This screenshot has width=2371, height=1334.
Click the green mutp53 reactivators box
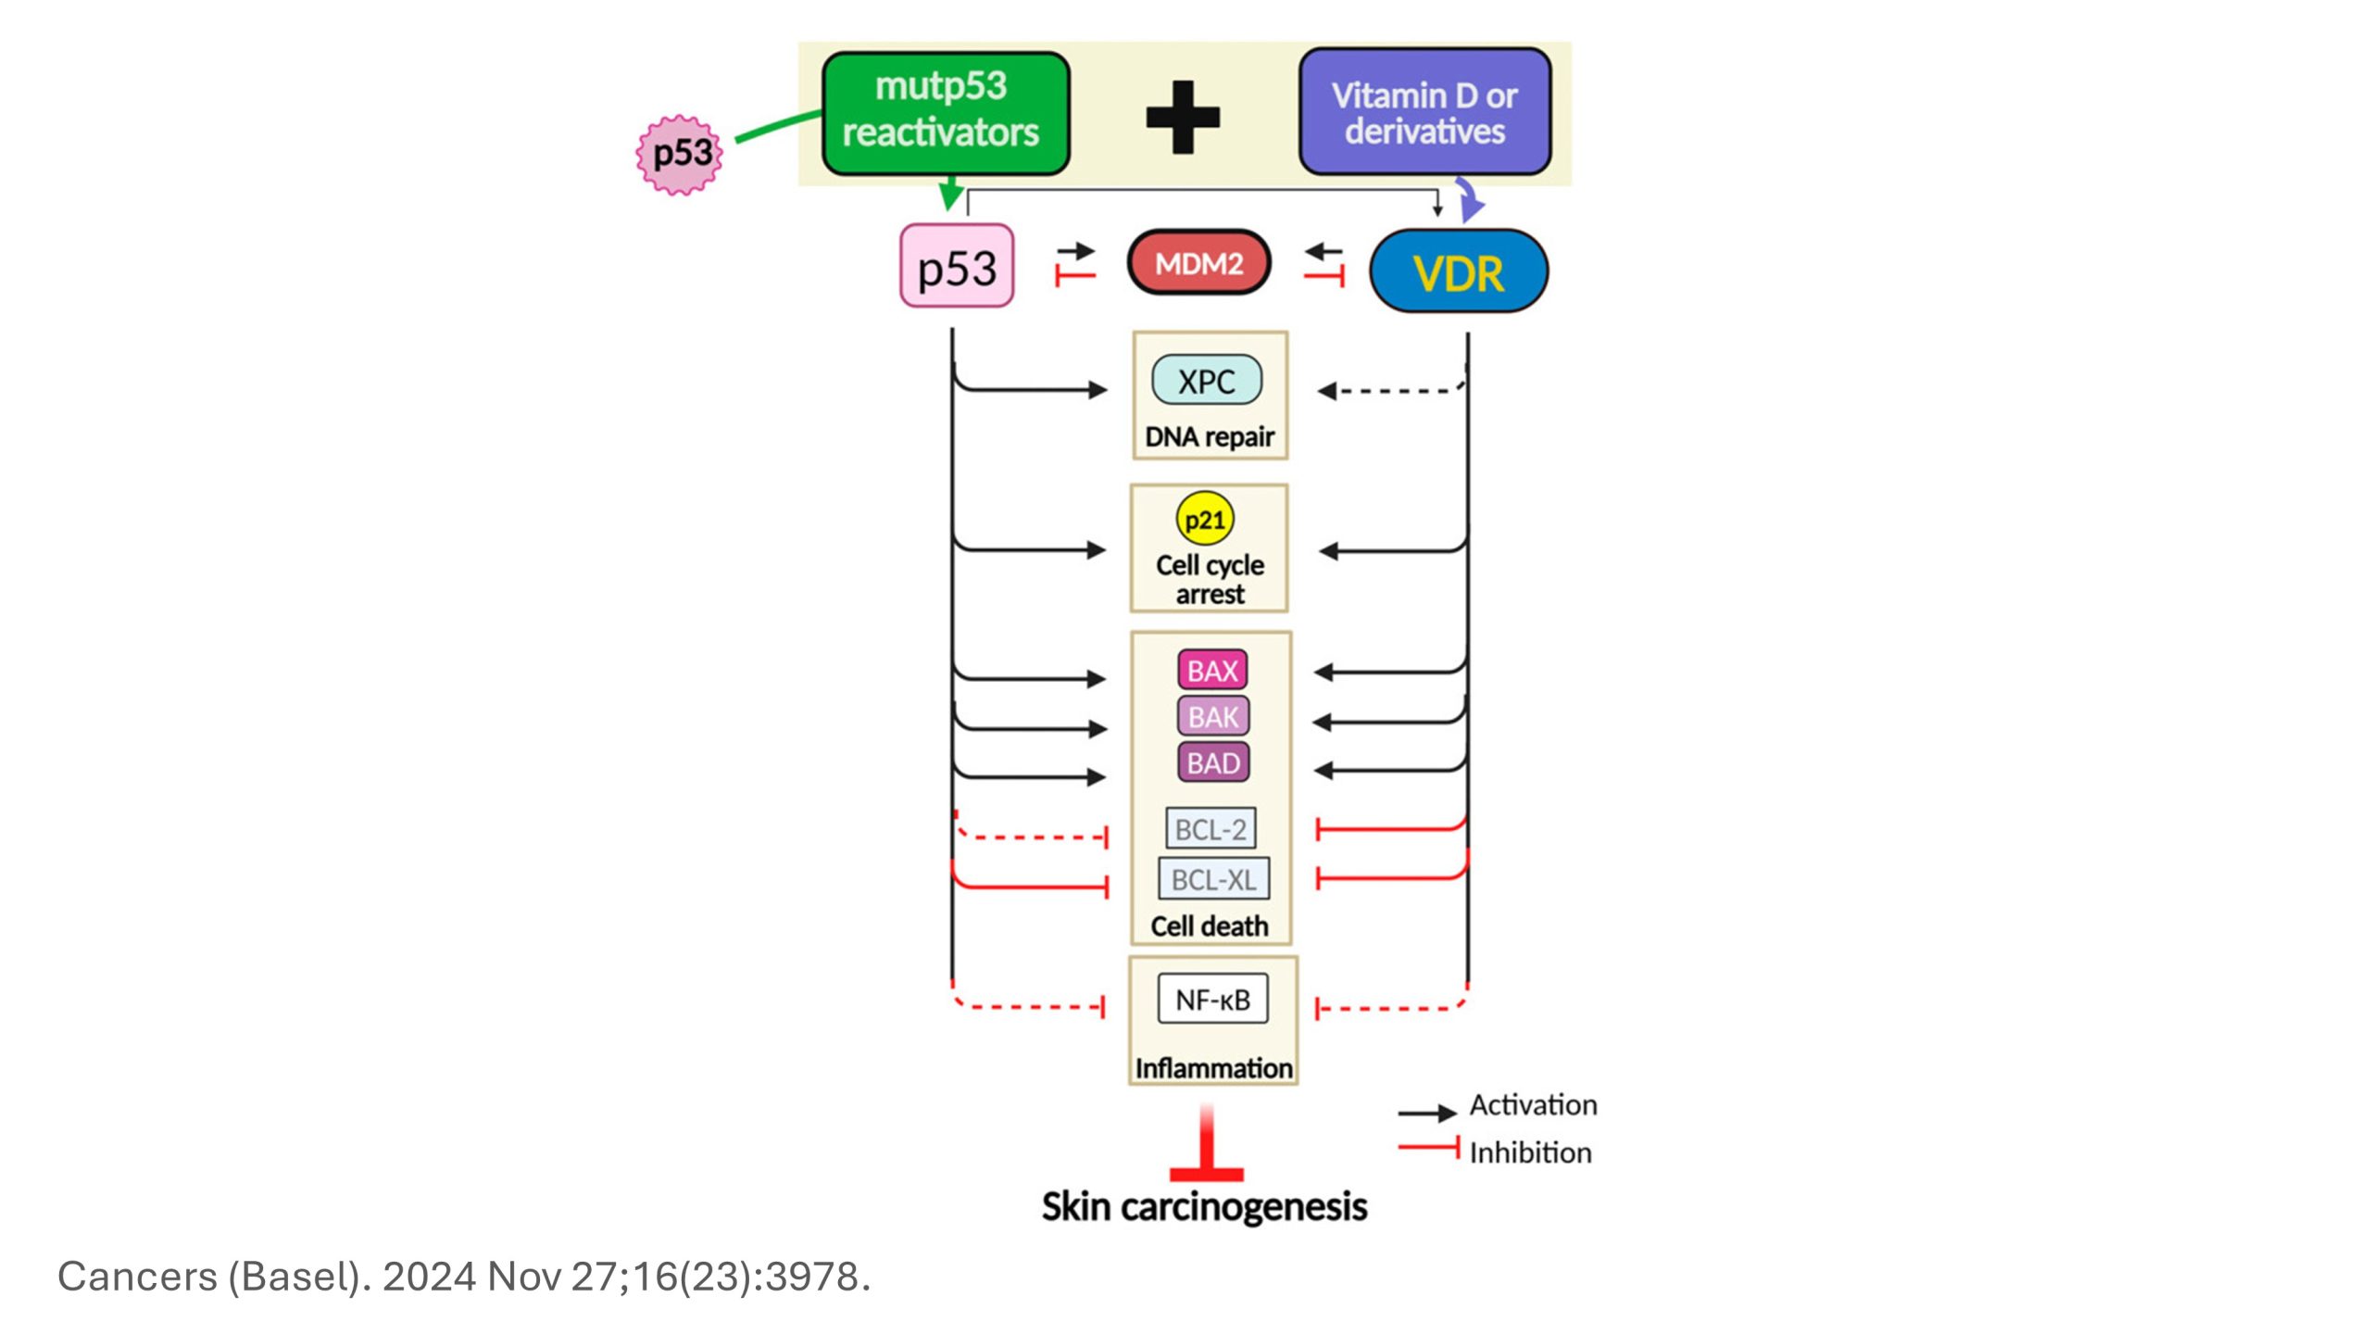tap(945, 113)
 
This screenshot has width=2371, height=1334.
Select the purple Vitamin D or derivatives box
tap(1424, 113)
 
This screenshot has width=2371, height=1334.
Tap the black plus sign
tap(1183, 117)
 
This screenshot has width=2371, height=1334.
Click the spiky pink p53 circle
tap(680, 155)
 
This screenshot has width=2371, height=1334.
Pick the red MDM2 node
tap(1198, 263)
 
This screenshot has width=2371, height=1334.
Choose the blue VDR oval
tap(1458, 271)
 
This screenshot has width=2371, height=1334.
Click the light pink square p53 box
tap(957, 267)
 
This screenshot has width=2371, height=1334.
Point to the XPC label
tap(1206, 381)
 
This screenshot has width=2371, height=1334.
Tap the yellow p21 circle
tap(1205, 520)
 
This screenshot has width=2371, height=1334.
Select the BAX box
tap(1212, 671)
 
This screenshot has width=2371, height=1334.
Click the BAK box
tap(1212, 717)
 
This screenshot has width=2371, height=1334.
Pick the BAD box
tap(1212, 763)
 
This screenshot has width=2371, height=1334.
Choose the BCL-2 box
tap(1211, 829)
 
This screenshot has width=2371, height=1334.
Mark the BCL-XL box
tap(1213, 879)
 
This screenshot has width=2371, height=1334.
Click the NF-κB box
tap(1212, 1000)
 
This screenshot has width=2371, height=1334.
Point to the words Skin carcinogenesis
tap(1204, 1207)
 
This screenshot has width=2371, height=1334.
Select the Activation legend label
tap(1533, 1105)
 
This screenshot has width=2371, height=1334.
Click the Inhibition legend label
tap(1530, 1152)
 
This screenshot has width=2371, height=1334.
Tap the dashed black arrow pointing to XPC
tap(1389, 391)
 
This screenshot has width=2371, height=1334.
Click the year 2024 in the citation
tap(429, 1277)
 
